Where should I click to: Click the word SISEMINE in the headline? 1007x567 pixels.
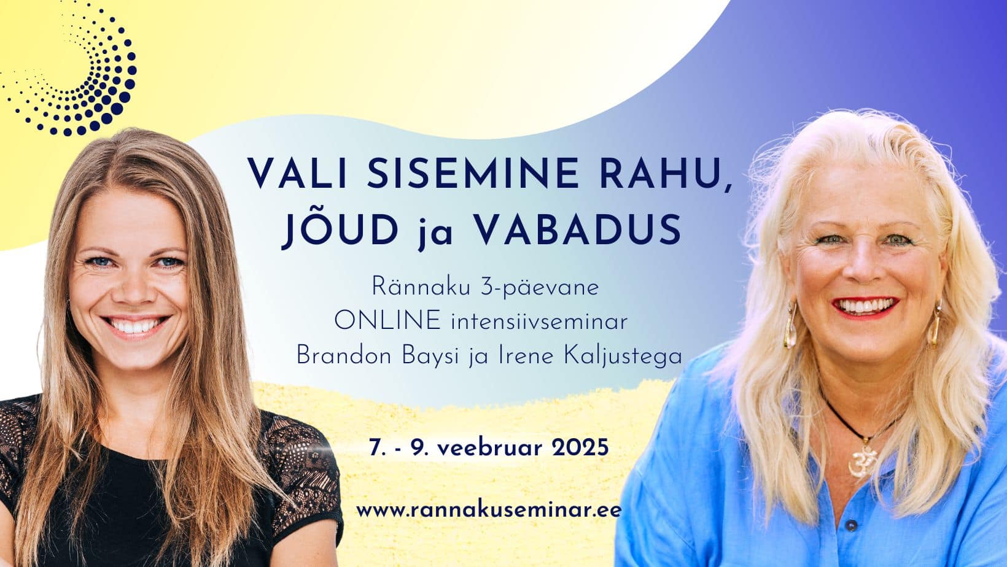(x=473, y=173)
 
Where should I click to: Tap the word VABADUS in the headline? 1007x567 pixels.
(x=578, y=229)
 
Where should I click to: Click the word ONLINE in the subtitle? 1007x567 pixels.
(x=387, y=321)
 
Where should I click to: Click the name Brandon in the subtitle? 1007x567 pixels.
(x=344, y=357)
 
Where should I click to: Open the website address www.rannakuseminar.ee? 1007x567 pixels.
(x=489, y=510)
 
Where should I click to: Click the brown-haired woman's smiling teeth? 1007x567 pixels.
(x=134, y=325)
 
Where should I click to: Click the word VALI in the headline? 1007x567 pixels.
(x=297, y=173)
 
